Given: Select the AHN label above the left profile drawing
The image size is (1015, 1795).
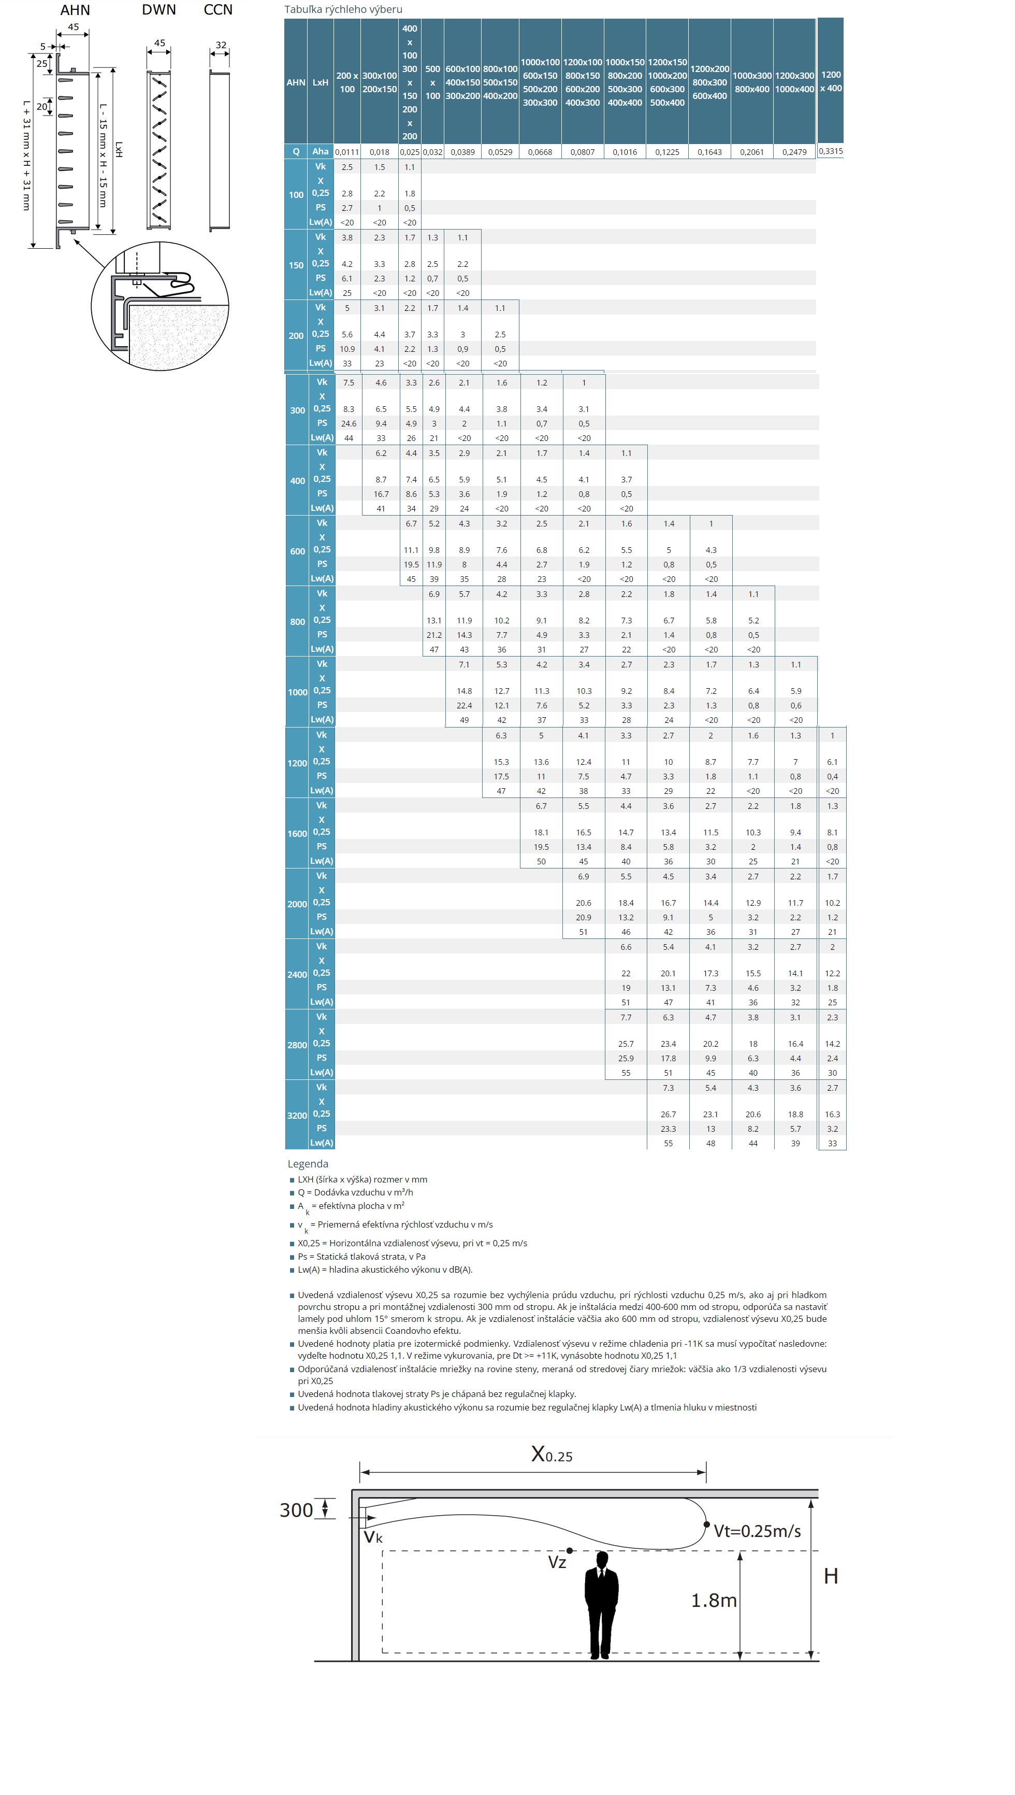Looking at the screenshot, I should point(75,10).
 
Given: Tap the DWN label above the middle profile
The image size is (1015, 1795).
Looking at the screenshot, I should point(159,10).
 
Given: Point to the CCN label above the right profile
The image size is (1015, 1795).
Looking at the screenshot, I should point(218,10).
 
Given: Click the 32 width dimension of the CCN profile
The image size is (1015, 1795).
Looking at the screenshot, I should point(221,45).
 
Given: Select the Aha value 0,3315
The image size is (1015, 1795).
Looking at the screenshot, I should point(830,151).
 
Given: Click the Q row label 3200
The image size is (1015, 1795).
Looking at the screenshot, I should point(297,1115).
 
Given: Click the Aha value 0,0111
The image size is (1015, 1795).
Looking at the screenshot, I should point(347,152).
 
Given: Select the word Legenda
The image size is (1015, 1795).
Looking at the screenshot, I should point(308,1164).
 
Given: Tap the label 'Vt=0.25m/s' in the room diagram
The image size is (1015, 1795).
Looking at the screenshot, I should point(757,1531).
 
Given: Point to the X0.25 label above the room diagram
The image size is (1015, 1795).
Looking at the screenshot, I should point(552,1455).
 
